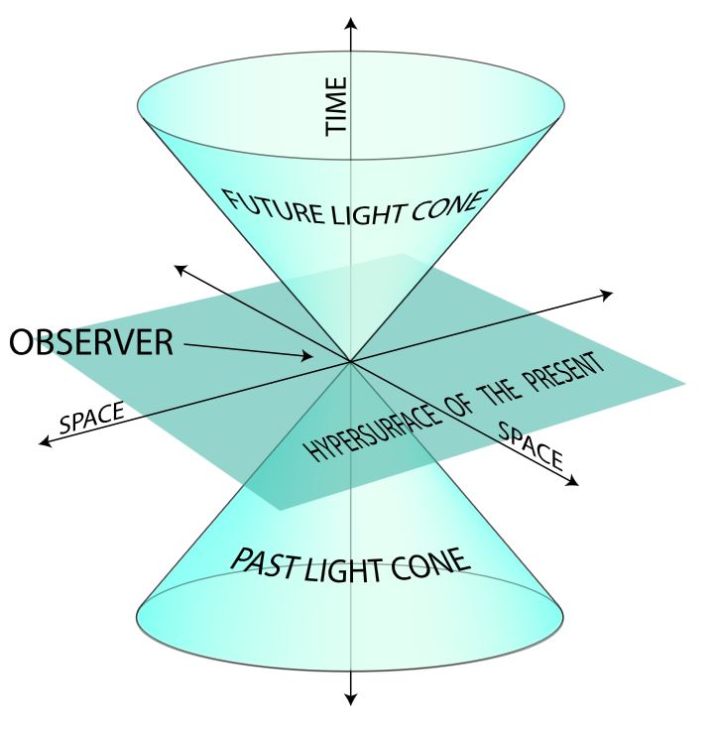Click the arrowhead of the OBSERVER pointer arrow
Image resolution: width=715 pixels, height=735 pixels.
(x=308, y=357)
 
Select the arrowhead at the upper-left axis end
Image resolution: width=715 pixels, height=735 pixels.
(x=179, y=267)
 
